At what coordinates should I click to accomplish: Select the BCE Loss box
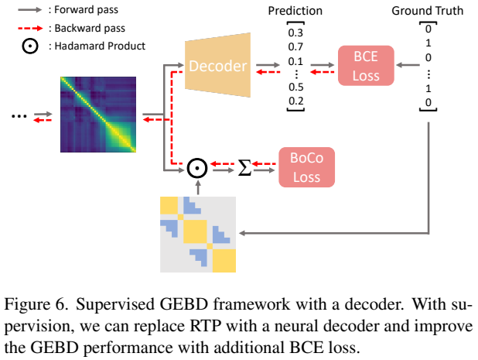(x=367, y=65)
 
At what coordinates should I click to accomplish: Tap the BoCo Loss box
(x=308, y=166)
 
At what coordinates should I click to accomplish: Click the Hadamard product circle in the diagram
(x=198, y=166)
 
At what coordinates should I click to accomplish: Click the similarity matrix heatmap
(x=100, y=115)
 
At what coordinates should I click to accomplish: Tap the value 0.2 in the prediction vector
(x=295, y=101)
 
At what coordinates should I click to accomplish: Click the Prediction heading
(x=295, y=12)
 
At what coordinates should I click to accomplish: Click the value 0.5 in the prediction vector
(x=295, y=87)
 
